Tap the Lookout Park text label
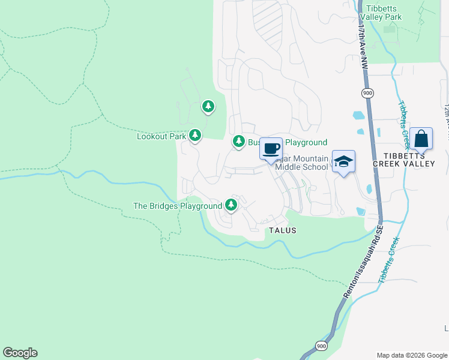[x=161, y=136]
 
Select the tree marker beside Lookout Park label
[x=194, y=136]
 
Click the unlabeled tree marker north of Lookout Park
[x=208, y=107]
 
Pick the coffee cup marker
[x=271, y=149]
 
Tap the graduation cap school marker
[x=343, y=161]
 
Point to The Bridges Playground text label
[x=178, y=206]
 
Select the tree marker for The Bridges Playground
[x=231, y=205]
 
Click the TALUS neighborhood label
[x=282, y=230]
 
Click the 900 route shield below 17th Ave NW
[x=367, y=93]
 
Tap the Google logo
[x=20, y=353]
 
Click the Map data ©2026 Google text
[x=411, y=355]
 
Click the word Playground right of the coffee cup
[x=306, y=142]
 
